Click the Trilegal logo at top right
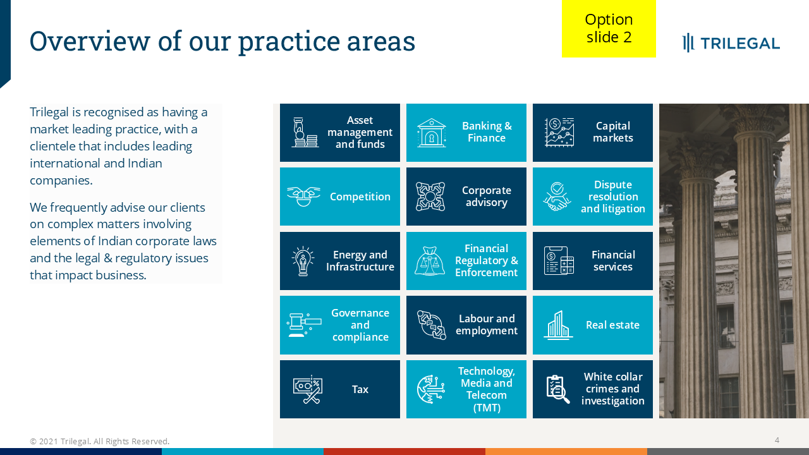pyautogui.click(x=731, y=43)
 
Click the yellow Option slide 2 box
pyautogui.click(x=609, y=28)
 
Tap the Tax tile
pyautogui.click(x=340, y=389)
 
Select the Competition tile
pyautogui.click(x=340, y=197)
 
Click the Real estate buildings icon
pyautogui.click(x=558, y=325)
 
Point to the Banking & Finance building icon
pyautogui.click(x=432, y=133)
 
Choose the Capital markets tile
pyautogui.click(x=593, y=133)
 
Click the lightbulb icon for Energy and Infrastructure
pyautogui.click(x=303, y=261)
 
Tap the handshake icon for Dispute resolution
pyautogui.click(x=557, y=197)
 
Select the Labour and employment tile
pyautogui.click(x=466, y=325)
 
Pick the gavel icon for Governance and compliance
pyautogui.click(x=304, y=325)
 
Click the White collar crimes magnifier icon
pyautogui.click(x=558, y=389)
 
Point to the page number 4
pyautogui.click(x=777, y=440)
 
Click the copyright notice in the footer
pyautogui.click(x=100, y=441)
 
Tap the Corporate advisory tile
pyautogui.click(x=466, y=197)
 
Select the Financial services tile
pyautogui.click(x=593, y=261)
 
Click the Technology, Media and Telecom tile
pyautogui.click(x=466, y=389)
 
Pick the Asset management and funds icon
pyautogui.click(x=305, y=133)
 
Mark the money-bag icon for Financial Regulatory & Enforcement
pyautogui.click(x=430, y=261)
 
